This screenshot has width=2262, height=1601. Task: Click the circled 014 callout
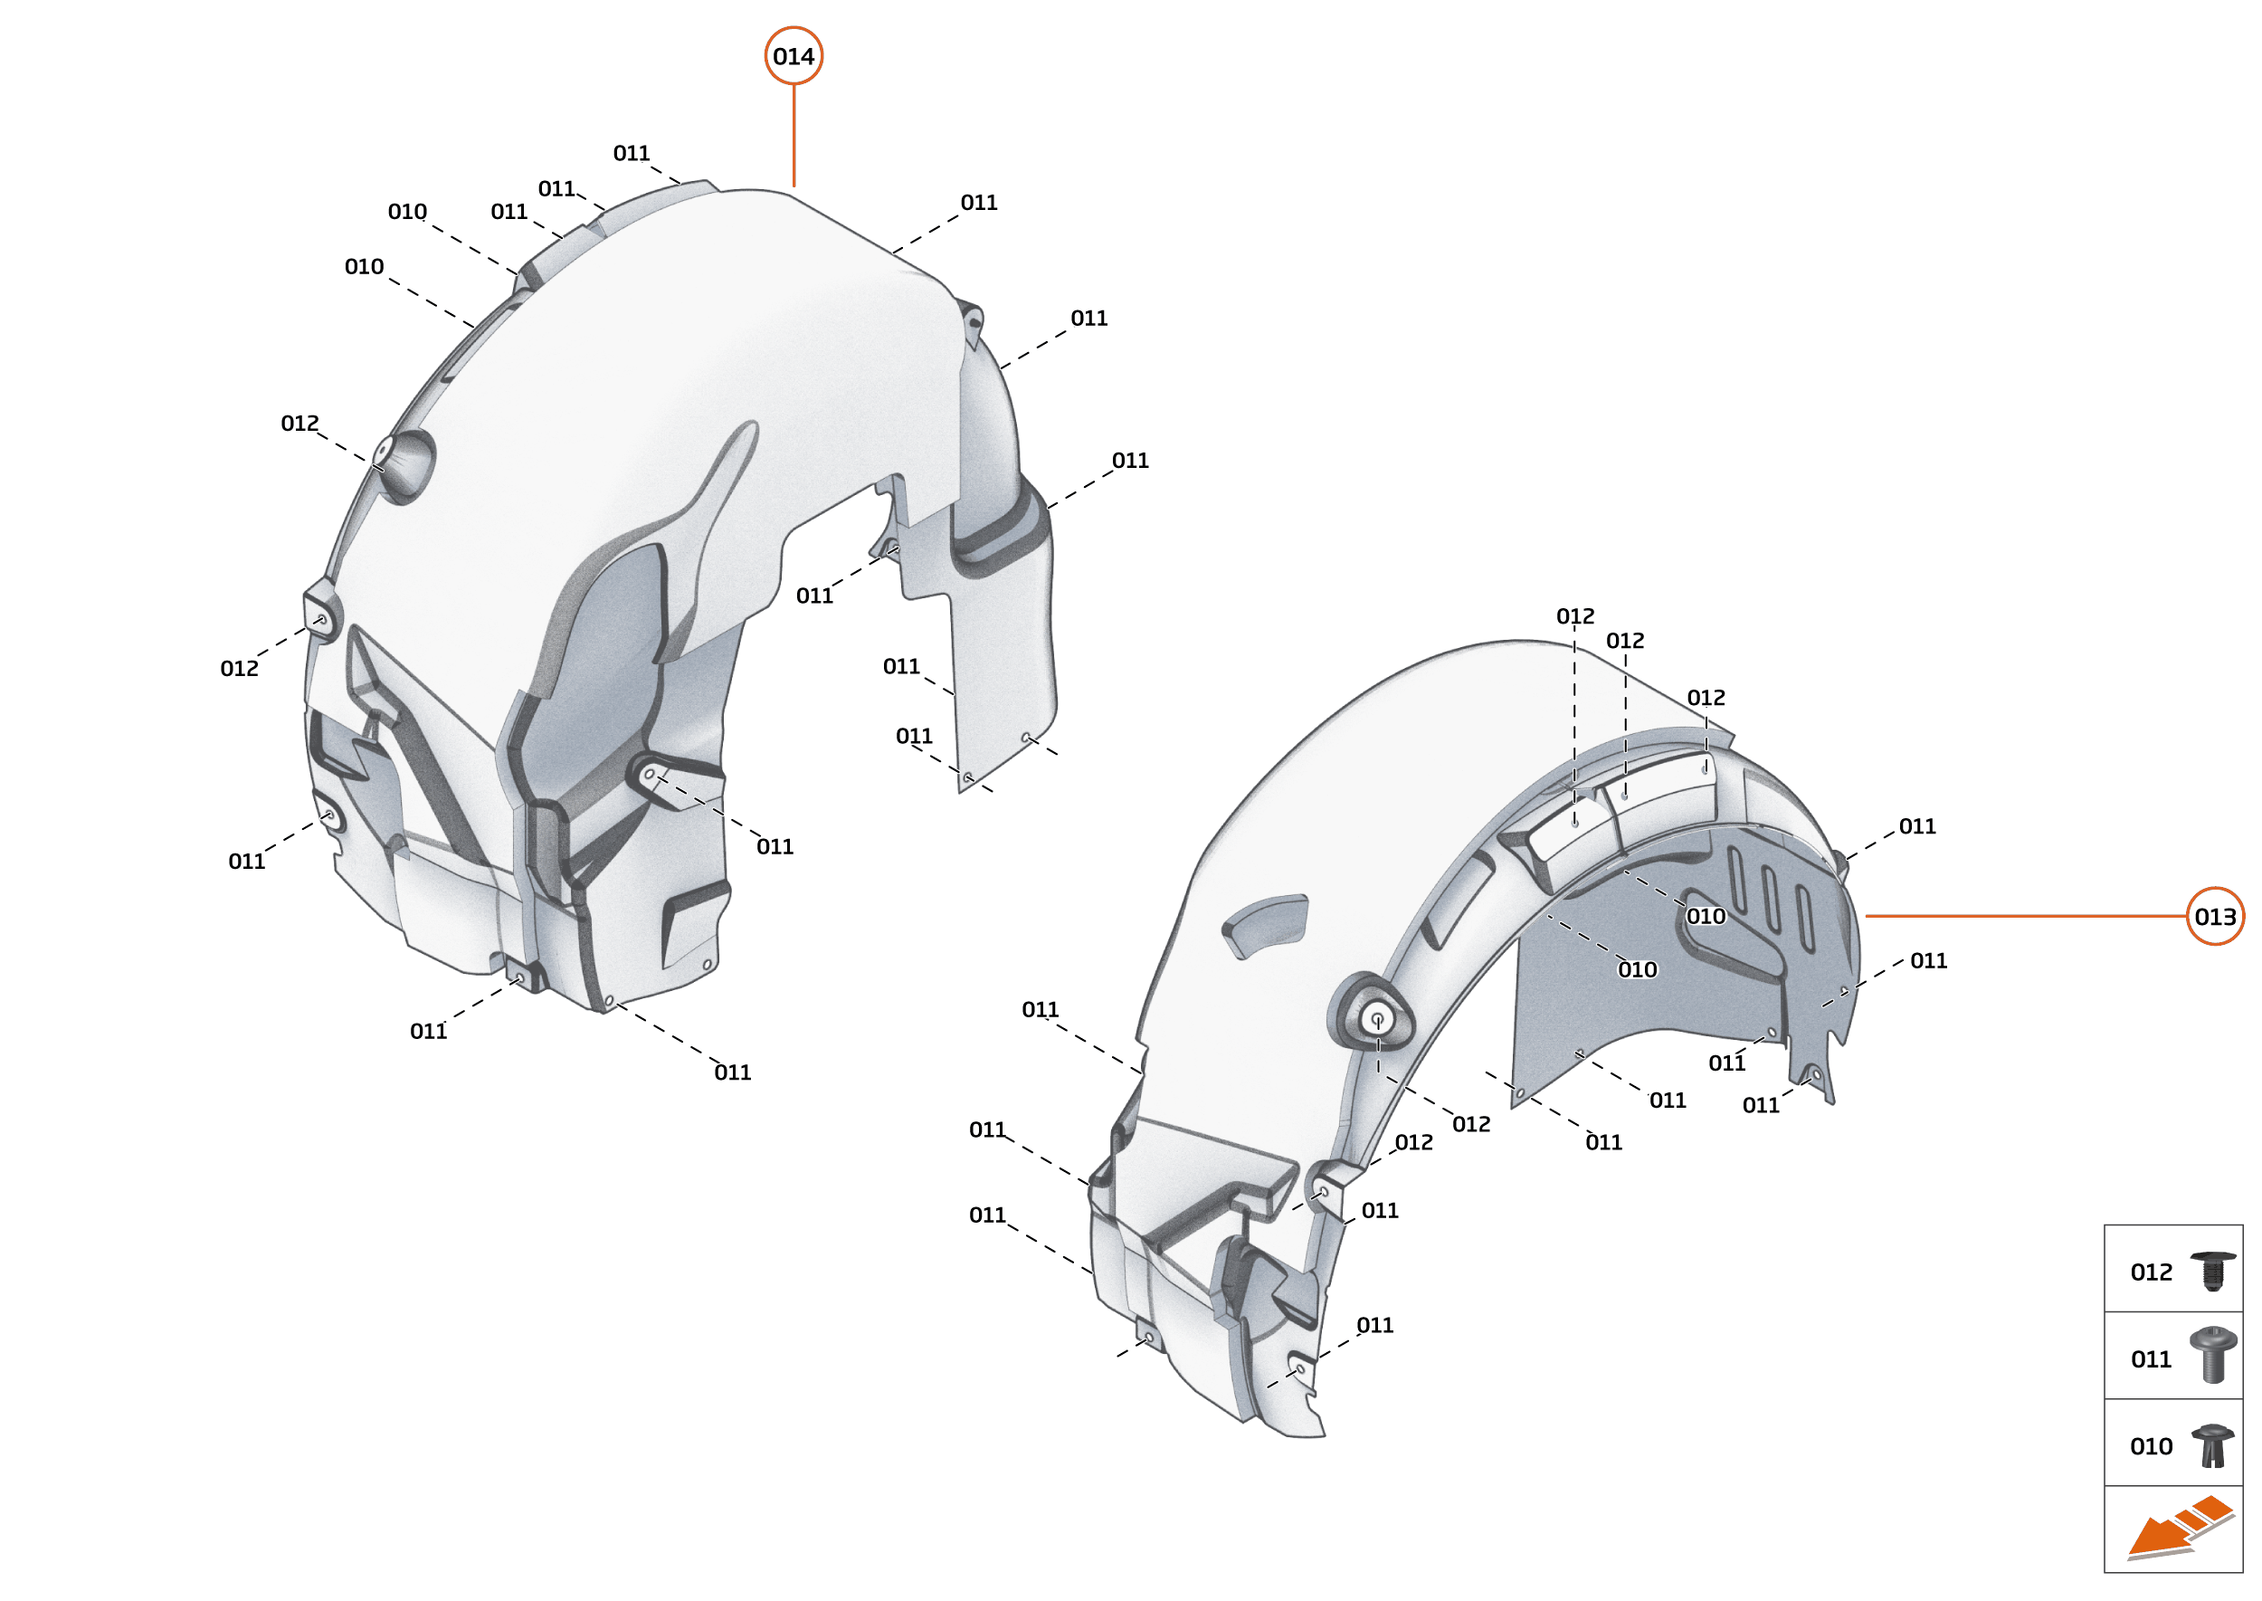pyautogui.click(x=794, y=56)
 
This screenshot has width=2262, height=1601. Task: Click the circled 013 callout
pyautogui.click(x=2214, y=917)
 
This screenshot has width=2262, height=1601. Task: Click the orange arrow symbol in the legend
pyautogui.click(x=2178, y=1529)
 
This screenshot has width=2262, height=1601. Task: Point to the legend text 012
pyautogui.click(x=2151, y=1272)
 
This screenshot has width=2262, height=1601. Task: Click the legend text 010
pyautogui.click(x=2151, y=1446)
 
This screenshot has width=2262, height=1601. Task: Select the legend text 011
pyautogui.click(x=2151, y=1359)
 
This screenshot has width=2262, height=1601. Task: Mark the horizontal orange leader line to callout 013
pyautogui.click(x=2026, y=916)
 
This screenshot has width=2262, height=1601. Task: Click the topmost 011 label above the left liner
pyautogui.click(x=631, y=153)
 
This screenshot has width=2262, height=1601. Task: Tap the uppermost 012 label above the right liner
pyautogui.click(x=1574, y=616)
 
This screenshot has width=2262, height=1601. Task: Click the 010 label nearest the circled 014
pyautogui.click(x=407, y=211)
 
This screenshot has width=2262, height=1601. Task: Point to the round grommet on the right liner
pyautogui.click(x=1376, y=1018)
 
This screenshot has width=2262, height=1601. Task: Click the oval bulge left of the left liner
pyautogui.click(x=404, y=465)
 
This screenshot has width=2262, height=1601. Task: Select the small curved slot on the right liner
pyautogui.click(x=1266, y=924)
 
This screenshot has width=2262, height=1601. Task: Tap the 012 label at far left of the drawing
pyautogui.click(x=239, y=669)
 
